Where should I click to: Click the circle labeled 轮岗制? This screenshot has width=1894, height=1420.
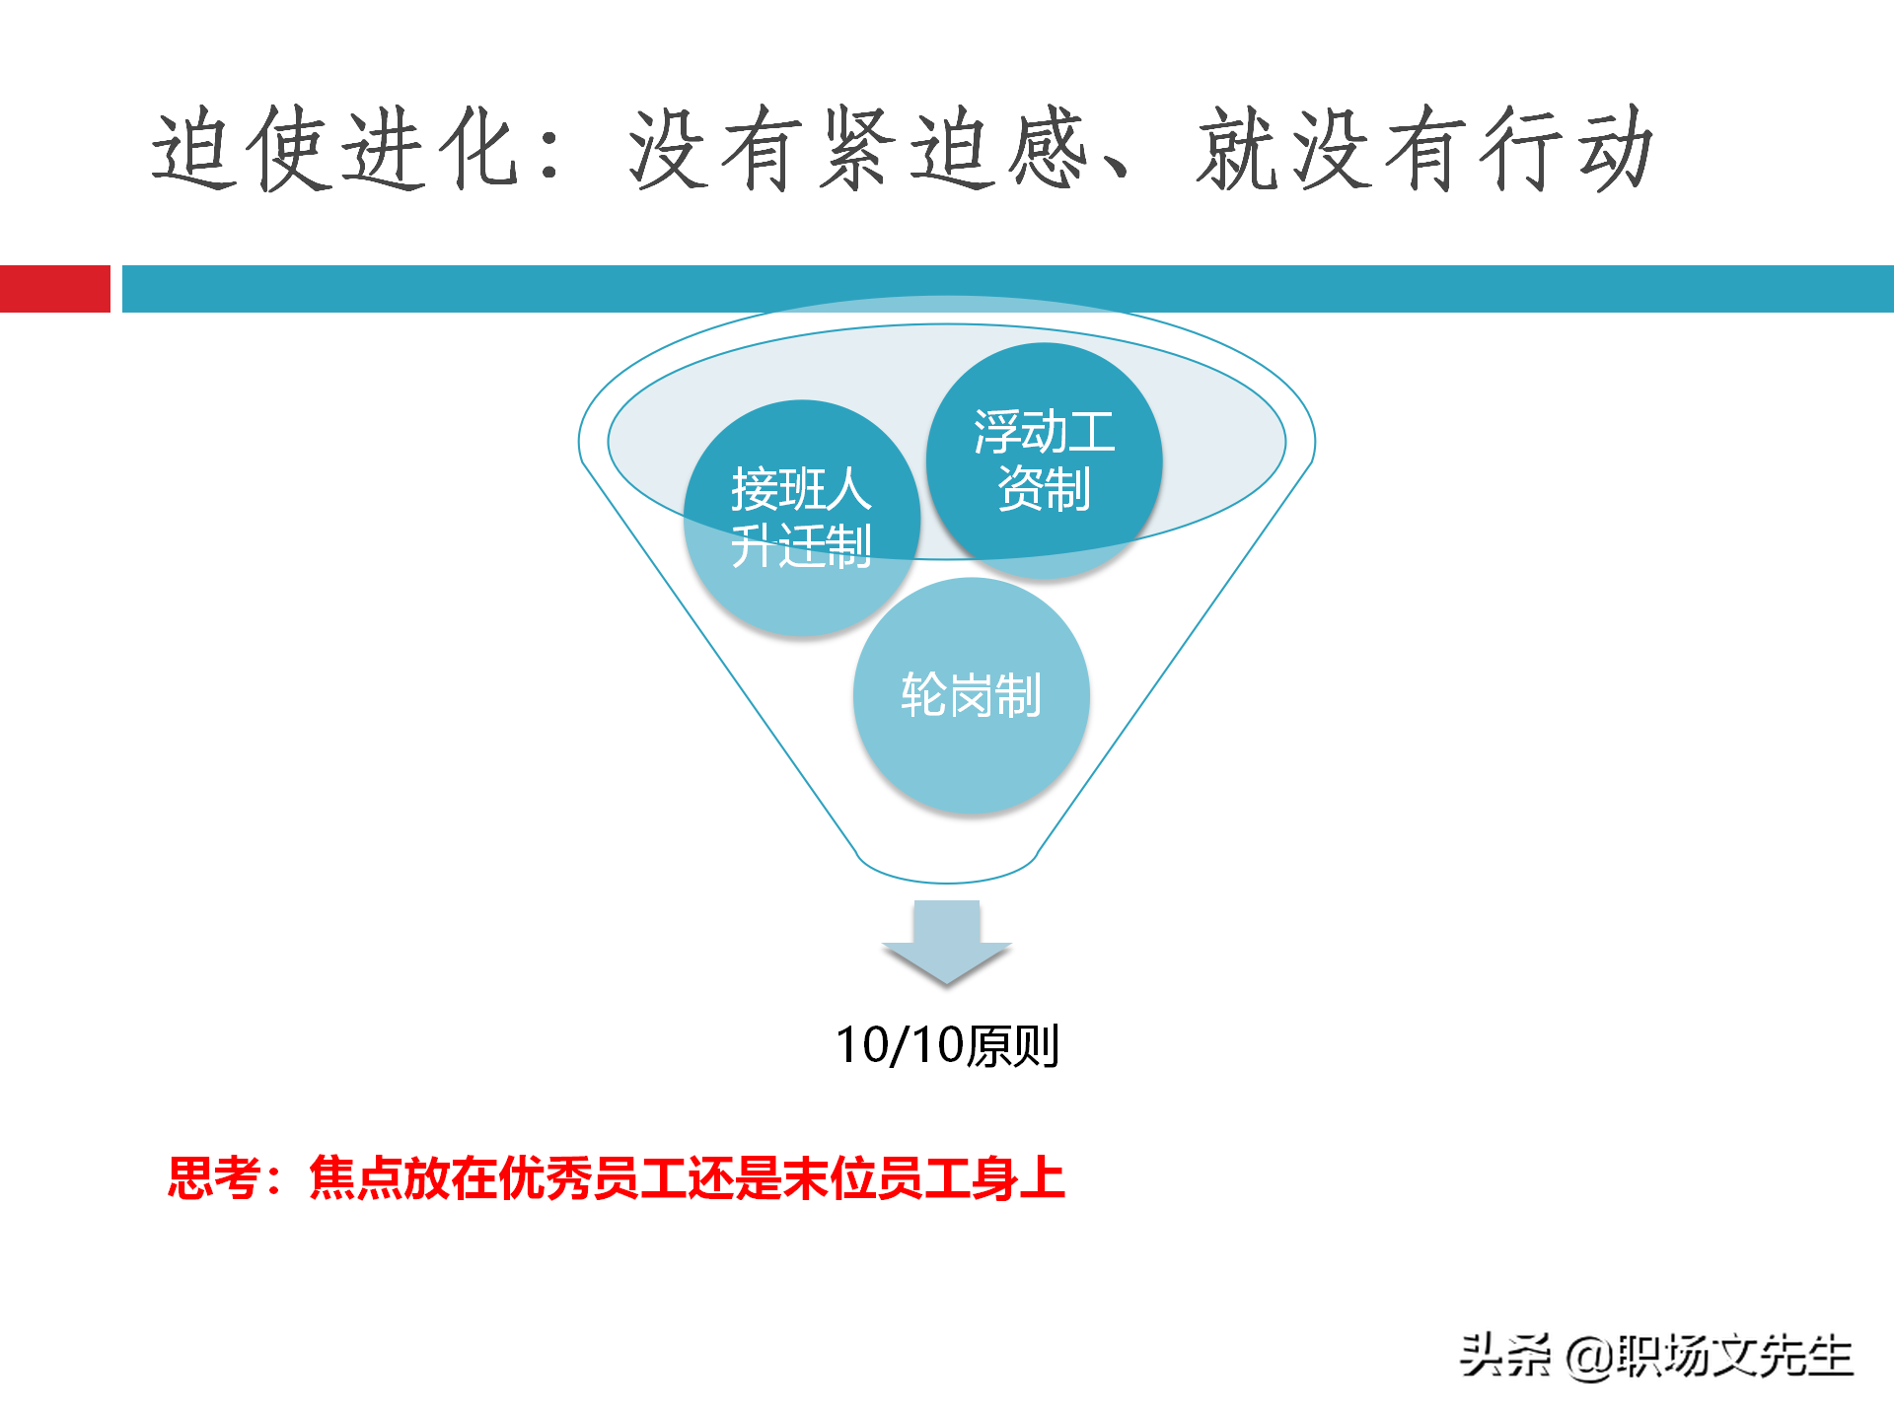(x=971, y=695)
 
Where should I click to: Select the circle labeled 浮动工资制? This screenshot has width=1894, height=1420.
(x=1044, y=461)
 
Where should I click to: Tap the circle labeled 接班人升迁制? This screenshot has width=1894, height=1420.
(x=801, y=518)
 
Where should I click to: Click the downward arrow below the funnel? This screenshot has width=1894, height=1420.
(x=947, y=942)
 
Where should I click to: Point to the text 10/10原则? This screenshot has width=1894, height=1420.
(x=947, y=1045)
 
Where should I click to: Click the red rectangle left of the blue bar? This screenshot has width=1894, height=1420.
(x=54, y=289)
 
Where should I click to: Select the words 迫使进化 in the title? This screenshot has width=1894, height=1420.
(x=335, y=150)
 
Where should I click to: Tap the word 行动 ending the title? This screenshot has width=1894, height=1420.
(x=1568, y=150)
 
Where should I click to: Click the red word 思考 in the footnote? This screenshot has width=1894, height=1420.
(x=214, y=1177)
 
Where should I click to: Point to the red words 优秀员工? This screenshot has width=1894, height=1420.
(x=591, y=1177)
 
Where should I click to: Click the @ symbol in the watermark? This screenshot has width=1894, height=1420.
(x=1588, y=1357)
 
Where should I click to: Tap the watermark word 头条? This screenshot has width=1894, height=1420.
(x=1505, y=1357)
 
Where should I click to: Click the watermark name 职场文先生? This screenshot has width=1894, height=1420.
(x=1734, y=1357)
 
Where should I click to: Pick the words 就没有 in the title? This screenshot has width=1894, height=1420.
(x=1332, y=150)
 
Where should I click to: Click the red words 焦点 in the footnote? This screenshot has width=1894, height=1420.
(x=355, y=1177)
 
